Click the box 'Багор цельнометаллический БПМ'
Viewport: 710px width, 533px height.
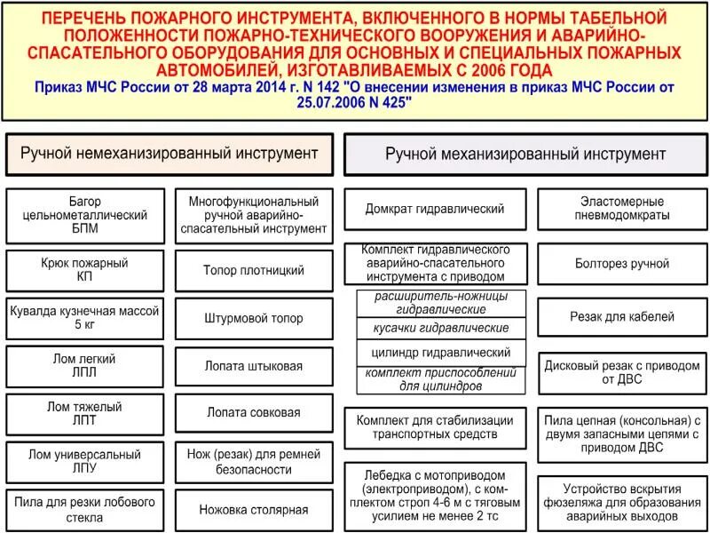(x=84, y=215)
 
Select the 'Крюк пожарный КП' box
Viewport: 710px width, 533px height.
(x=84, y=270)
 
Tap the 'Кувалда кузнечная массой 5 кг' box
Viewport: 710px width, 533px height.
(x=84, y=318)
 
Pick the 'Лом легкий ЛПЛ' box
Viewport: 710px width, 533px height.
(x=84, y=366)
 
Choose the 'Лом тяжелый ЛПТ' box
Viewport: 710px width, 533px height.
(x=84, y=414)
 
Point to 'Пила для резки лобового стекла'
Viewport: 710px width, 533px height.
(x=84, y=509)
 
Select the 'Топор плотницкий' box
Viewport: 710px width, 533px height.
(x=254, y=270)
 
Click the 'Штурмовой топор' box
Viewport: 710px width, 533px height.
(x=254, y=318)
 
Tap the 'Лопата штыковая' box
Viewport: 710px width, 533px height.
(x=254, y=366)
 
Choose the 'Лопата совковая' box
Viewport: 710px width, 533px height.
(x=254, y=412)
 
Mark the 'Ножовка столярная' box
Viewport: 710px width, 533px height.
(x=254, y=510)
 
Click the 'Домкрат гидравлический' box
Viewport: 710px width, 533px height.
(x=435, y=209)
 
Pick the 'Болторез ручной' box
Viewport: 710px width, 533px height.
(x=622, y=264)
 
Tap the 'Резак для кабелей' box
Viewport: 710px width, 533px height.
(x=622, y=316)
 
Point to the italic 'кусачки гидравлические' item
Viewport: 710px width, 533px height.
(x=441, y=328)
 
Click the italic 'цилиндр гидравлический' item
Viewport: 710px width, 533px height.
(x=441, y=352)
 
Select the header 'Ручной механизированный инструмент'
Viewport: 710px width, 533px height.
(x=525, y=155)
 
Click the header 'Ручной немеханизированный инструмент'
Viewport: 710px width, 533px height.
(x=170, y=154)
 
